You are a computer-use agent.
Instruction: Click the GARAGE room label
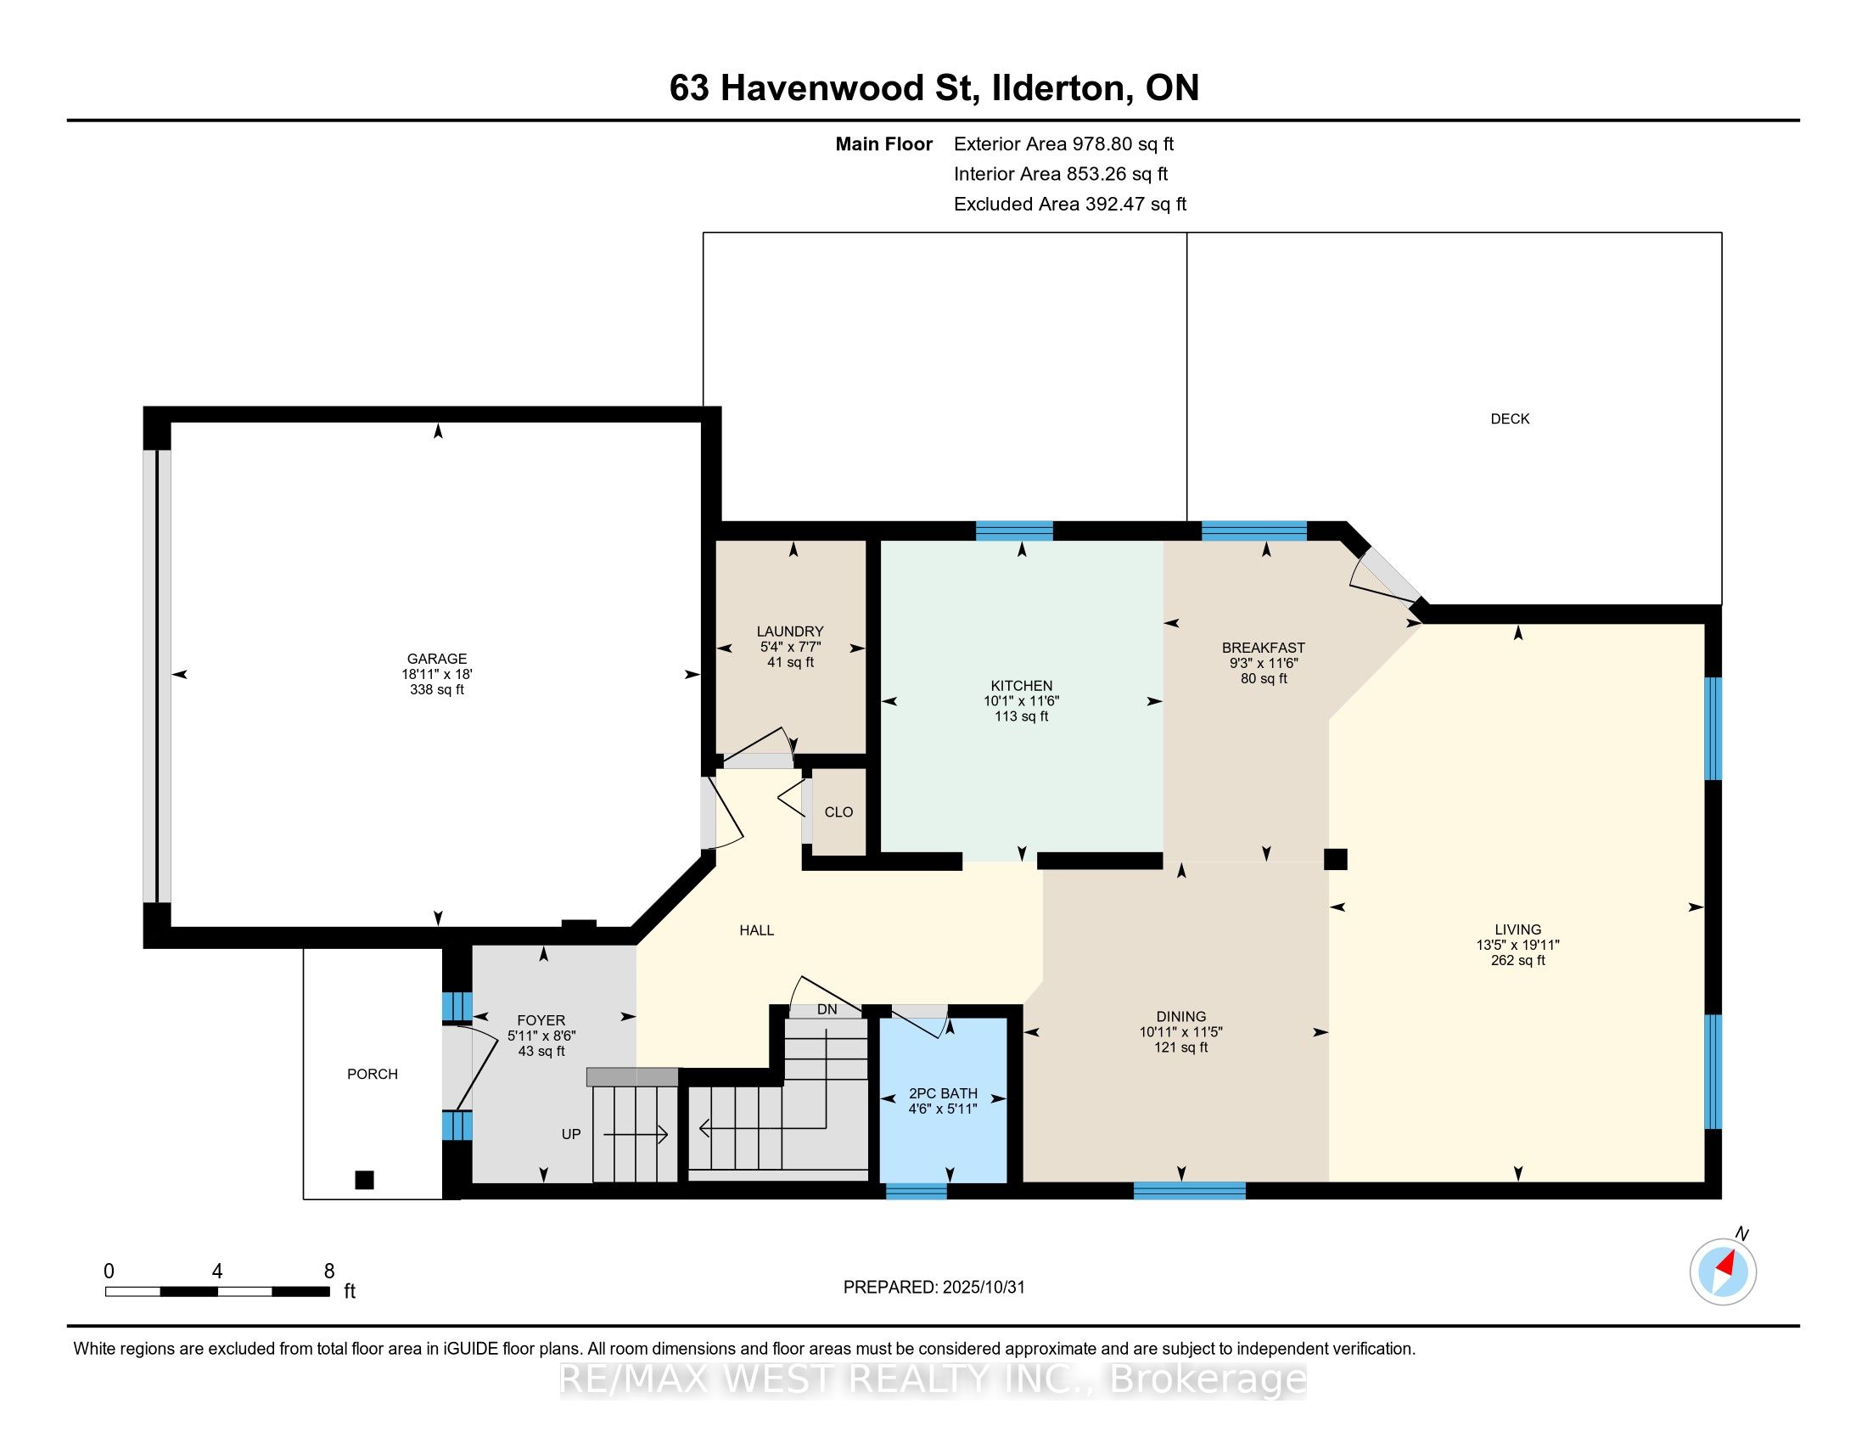437,658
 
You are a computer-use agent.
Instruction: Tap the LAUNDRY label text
790,632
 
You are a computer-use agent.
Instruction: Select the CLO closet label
838,812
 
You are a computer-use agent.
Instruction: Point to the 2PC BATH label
943,1093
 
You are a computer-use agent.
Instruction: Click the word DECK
1510,418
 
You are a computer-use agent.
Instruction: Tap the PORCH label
373,1074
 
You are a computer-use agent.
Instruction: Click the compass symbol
1724,1272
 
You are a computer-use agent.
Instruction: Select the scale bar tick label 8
329,1272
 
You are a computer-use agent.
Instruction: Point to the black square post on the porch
364,1180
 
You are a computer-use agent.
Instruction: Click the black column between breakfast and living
1335,858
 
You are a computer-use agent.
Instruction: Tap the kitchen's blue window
1015,531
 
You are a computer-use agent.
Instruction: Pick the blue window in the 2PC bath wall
917,1191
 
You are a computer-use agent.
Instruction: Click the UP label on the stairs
571,1134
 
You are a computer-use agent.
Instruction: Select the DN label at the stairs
827,1009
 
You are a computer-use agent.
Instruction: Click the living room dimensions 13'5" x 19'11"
1518,945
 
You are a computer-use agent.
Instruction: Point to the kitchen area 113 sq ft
1021,716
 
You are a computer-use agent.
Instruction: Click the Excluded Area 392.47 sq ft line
1070,205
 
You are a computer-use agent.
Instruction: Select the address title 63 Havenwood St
823,88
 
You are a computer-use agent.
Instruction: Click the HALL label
756,930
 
